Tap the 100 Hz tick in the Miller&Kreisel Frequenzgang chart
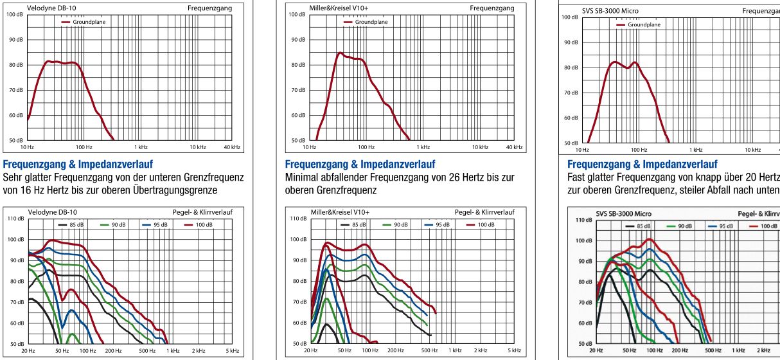point(367,148)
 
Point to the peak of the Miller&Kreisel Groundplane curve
point(341,53)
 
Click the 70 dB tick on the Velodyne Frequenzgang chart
point(14,90)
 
